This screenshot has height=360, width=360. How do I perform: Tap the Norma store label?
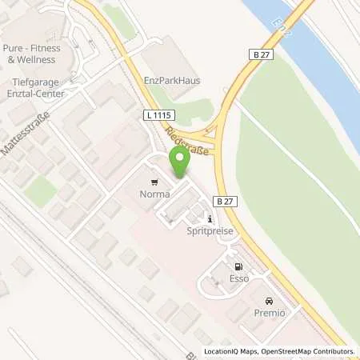coord(154,193)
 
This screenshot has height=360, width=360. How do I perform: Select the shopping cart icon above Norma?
coord(154,182)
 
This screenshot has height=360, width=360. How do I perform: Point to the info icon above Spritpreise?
coord(210,218)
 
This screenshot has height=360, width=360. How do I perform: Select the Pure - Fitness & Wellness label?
coord(33,53)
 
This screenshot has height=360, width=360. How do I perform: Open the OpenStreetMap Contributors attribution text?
coord(306,352)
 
